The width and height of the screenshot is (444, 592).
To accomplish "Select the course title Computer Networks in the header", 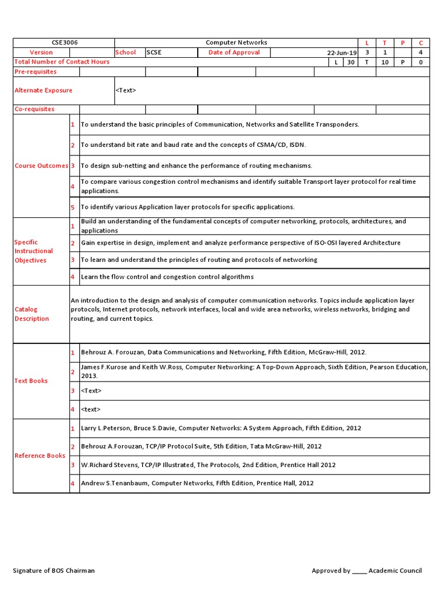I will (236, 43).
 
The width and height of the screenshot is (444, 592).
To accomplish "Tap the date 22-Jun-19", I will (342, 53).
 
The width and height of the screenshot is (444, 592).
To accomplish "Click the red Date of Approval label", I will (234, 53).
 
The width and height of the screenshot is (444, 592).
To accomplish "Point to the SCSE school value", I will (154, 53).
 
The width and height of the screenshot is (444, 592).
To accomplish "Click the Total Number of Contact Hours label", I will (62, 62).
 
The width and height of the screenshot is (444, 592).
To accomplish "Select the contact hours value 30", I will (350, 62).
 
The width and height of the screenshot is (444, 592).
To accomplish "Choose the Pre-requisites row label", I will (35, 72).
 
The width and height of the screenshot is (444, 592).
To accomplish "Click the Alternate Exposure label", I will (43, 90).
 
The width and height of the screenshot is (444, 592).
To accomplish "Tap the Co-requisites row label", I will (35, 109).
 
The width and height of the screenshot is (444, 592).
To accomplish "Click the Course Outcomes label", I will (40, 166).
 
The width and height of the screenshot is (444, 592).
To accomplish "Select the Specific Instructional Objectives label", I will (34, 251).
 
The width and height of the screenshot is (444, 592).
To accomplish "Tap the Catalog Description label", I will (32, 314).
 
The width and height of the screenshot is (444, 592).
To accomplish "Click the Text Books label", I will (31, 381).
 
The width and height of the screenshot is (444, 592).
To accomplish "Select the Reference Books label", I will (40, 456).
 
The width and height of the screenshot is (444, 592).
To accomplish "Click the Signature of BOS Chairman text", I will (54, 571).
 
